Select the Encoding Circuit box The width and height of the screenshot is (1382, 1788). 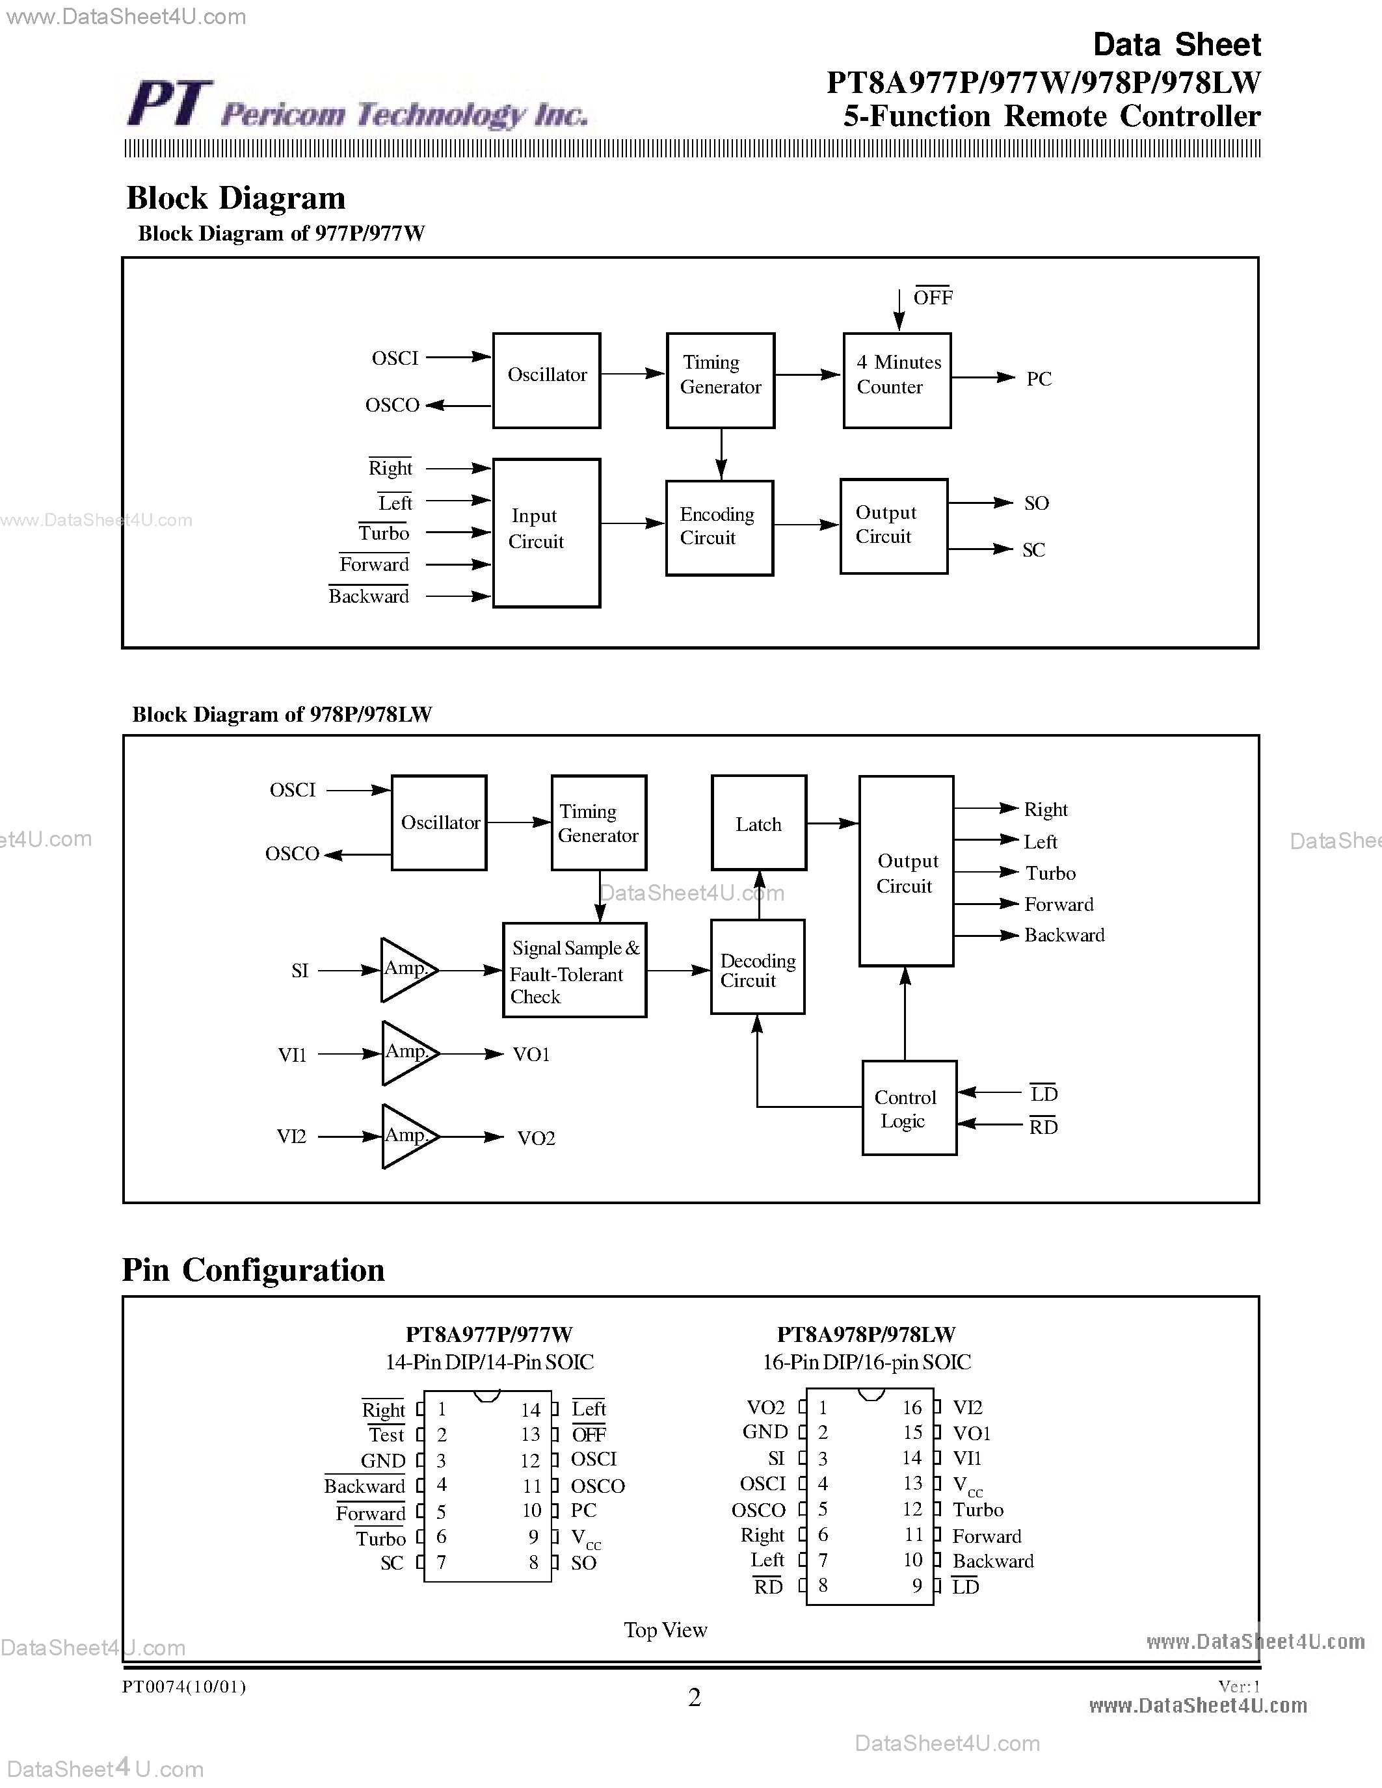pyautogui.click(x=720, y=527)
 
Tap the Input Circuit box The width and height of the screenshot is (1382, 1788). pyautogui.click(x=546, y=532)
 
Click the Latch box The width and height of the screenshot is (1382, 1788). pyautogui.click(x=759, y=822)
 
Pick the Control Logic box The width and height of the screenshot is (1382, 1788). pyautogui.click(x=909, y=1108)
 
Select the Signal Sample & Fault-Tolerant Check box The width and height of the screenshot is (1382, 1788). pyautogui.click(x=574, y=970)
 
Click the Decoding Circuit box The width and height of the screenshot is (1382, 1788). pyautogui.click(x=757, y=967)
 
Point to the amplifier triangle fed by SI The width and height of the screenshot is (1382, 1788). pyautogui.click(x=405, y=970)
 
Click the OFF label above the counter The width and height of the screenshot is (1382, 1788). pyautogui.click(x=933, y=297)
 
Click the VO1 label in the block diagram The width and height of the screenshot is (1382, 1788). pyautogui.click(x=531, y=1055)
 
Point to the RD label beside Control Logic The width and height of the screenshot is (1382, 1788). pyautogui.click(x=1043, y=1127)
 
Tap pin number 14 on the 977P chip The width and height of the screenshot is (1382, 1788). pyautogui.click(x=531, y=1410)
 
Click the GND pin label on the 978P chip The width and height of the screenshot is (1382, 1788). pyautogui.click(x=765, y=1432)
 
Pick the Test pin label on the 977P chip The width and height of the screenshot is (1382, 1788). pyautogui.click(x=386, y=1435)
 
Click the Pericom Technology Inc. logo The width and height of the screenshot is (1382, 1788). pyautogui.click(x=357, y=107)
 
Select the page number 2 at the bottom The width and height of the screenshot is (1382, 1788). pyautogui.click(x=695, y=1698)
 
